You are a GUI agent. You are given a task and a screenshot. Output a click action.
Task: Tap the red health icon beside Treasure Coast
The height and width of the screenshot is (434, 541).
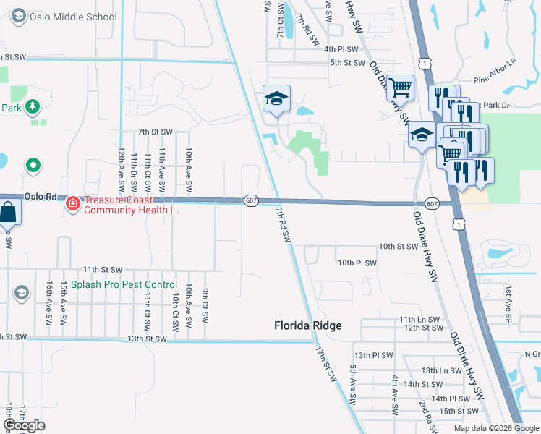pyautogui.click(x=72, y=204)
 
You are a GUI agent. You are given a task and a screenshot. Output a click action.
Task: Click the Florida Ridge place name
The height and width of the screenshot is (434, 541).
pyautogui.click(x=307, y=325)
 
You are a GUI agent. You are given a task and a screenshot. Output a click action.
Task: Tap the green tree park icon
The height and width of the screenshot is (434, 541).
pyautogui.click(x=33, y=108)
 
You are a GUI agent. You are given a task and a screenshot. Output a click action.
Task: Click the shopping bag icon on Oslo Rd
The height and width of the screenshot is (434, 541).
pyautogui.click(x=7, y=213)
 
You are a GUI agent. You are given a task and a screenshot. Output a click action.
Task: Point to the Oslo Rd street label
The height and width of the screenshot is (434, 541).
pyautogui.click(x=40, y=197)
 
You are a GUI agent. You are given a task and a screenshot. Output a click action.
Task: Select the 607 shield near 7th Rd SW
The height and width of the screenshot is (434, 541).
pyautogui.click(x=250, y=200)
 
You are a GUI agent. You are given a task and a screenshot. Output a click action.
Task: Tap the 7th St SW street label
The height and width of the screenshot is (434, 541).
pyautogui.click(x=156, y=132)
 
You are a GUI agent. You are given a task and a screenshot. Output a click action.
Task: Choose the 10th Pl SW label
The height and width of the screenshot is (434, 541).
pyautogui.click(x=357, y=263)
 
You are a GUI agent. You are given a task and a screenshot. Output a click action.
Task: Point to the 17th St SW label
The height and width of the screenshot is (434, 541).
pyautogui.click(x=327, y=363)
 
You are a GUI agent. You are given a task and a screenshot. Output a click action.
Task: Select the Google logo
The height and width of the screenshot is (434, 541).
pyautogui.click(x=24, y=425)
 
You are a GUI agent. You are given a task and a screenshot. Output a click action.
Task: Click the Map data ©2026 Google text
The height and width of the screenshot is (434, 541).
pyautogui.click(x=496, y=428)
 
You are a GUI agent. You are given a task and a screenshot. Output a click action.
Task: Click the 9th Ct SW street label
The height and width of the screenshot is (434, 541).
pyautogui.click(x=205, y=305)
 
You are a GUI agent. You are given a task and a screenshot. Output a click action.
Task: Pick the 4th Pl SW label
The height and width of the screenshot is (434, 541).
pyautogui.click(x=341, y=49)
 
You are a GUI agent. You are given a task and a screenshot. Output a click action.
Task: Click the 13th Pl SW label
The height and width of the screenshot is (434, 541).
pyautogui.click(x=373, y=355)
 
